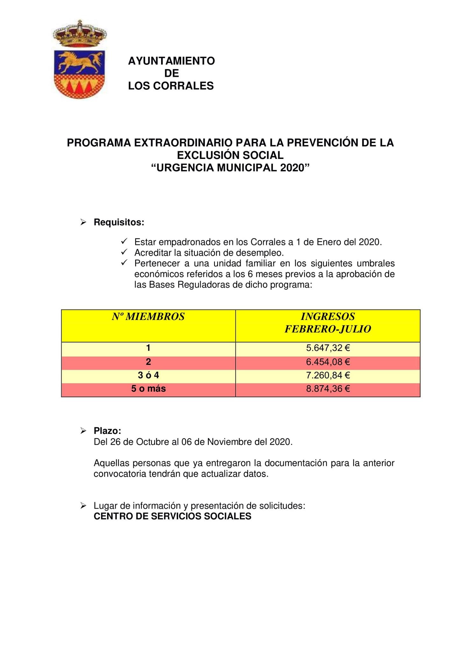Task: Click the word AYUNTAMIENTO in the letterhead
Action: (171, 61)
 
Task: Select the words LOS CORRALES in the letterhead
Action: (171, 86)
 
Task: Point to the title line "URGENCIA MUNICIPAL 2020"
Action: (230, 168)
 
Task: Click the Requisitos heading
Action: (119, 222)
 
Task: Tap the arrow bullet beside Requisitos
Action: (83, 222)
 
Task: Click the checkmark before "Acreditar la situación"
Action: (124, 252)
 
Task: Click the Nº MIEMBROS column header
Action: (148, 317)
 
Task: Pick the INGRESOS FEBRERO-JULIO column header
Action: (328, 323)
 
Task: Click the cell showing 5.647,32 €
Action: (328, 348)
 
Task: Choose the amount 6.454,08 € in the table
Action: (328, 362)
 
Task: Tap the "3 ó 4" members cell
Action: (148, 375)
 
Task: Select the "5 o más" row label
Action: (148, 389)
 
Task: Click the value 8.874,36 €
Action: (328, 389)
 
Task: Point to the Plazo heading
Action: (107, 431)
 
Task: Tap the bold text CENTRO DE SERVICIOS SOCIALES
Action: (172, 516)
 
